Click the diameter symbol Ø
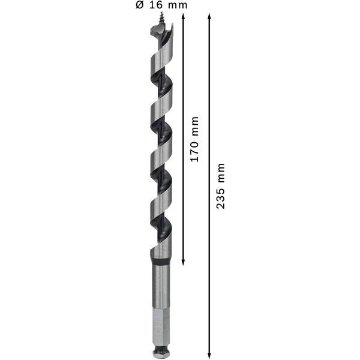139,5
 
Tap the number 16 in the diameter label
155,5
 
